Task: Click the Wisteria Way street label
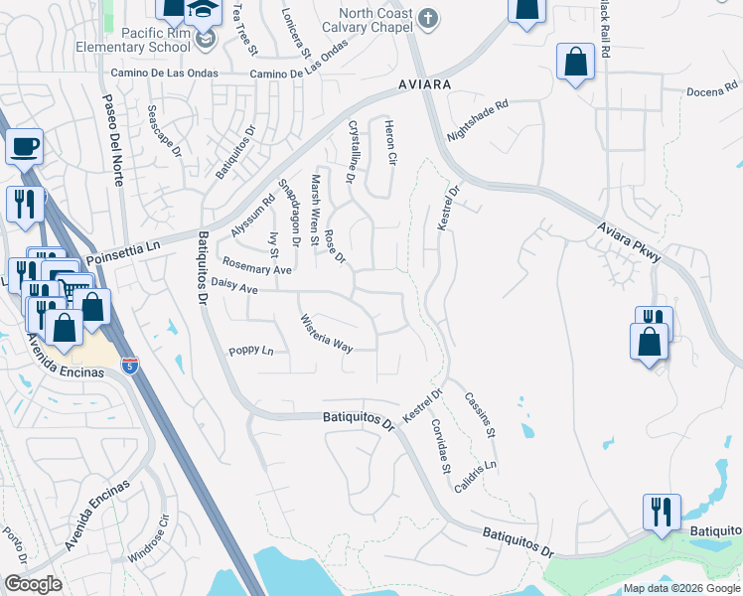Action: pos(327,333)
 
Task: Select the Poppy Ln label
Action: pos(250,351)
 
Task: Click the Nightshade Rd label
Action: pos(478,118)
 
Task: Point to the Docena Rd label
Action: pos(713,91)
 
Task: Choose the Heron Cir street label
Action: pos(390,144)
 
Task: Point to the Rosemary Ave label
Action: pos(257,268)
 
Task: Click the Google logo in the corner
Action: pos(33,583)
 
